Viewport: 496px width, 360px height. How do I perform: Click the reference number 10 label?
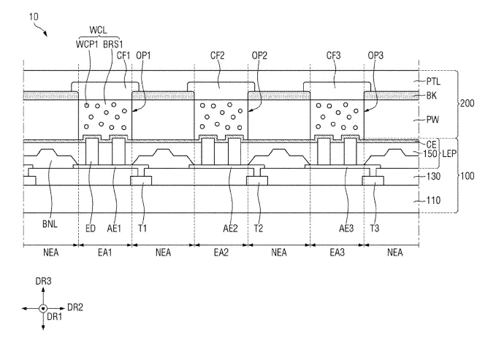pos(34,17)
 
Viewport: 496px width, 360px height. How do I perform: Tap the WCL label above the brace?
pos(98,30)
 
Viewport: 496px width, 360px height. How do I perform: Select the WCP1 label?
pos(87,44)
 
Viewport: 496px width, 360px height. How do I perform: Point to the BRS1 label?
pos(113,44)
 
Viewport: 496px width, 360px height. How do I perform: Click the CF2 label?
pos(217,55)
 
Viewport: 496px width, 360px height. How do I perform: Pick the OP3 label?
pos(375,55)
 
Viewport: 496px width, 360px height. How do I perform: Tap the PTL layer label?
pos(433,81)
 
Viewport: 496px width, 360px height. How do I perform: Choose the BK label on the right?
pos(432,95)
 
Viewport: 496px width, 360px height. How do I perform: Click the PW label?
pos(432,120)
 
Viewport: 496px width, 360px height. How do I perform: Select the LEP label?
pos(449,154)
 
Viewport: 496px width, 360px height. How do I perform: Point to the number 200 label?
pos(468,103)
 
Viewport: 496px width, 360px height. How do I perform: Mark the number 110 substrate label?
pos(433,200)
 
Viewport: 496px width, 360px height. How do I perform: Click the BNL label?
pos(50,224)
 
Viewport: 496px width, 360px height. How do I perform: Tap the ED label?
pos(91,228)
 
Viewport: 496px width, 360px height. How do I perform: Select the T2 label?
pos(259,228)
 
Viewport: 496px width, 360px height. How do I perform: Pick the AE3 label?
pos(346,228)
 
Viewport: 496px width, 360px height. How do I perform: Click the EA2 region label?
pos(221,253)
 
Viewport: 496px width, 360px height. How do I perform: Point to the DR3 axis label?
pos(43,281)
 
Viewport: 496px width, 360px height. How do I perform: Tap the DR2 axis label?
pos(75,307)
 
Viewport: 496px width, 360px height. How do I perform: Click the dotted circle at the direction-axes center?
pos(43,308)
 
